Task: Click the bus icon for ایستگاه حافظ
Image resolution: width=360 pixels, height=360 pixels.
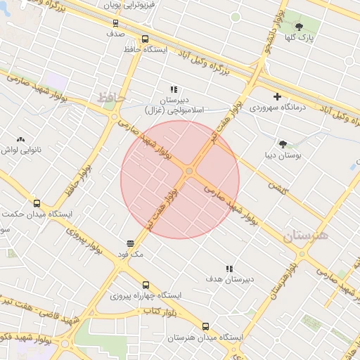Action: pos(146,39)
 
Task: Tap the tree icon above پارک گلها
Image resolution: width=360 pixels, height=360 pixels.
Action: pos(299,27)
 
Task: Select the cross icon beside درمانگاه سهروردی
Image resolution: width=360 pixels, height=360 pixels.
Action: pos(278,96)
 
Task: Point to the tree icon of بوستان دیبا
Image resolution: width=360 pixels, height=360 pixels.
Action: pos(283,144)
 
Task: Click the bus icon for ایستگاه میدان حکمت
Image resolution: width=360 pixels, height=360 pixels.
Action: pos(37,204)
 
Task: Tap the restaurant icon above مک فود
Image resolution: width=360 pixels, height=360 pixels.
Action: pos(131,243)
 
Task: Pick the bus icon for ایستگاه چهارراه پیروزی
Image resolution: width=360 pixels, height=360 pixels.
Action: pos(146,285)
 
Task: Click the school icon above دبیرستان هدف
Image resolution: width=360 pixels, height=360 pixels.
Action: pos(229,269)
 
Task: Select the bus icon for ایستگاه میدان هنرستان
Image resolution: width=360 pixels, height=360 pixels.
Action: pos(206,326)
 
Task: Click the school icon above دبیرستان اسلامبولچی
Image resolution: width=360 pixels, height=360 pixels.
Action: pos(173,89)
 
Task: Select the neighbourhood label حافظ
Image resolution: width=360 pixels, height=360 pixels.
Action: pos(112,96)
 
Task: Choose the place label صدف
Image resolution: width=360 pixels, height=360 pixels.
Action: pos(116,32)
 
